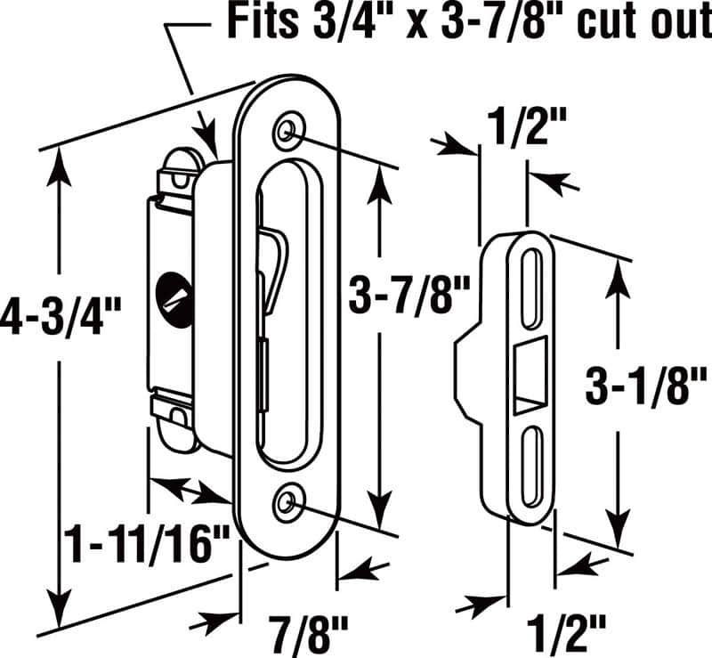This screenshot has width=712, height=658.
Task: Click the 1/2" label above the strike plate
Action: click(528, 129)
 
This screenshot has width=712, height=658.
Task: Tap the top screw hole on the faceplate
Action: click(287, 131)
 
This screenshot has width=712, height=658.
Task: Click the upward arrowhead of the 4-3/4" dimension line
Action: click(60, 160)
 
